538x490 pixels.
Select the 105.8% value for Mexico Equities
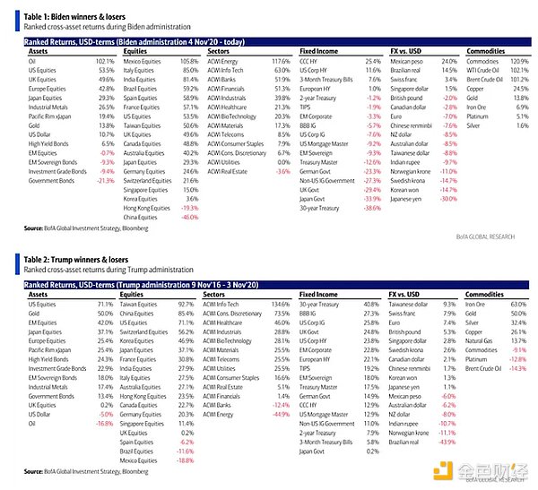(x=187, y=61)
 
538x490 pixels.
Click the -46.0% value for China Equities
(x=187, y=217)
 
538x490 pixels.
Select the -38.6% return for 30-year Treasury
(x=369, y=208)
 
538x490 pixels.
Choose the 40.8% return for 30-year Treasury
(x=370, y=305)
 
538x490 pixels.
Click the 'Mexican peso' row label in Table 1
(x=407, y=61)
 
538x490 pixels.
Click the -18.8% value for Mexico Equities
(x=187, y=460)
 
